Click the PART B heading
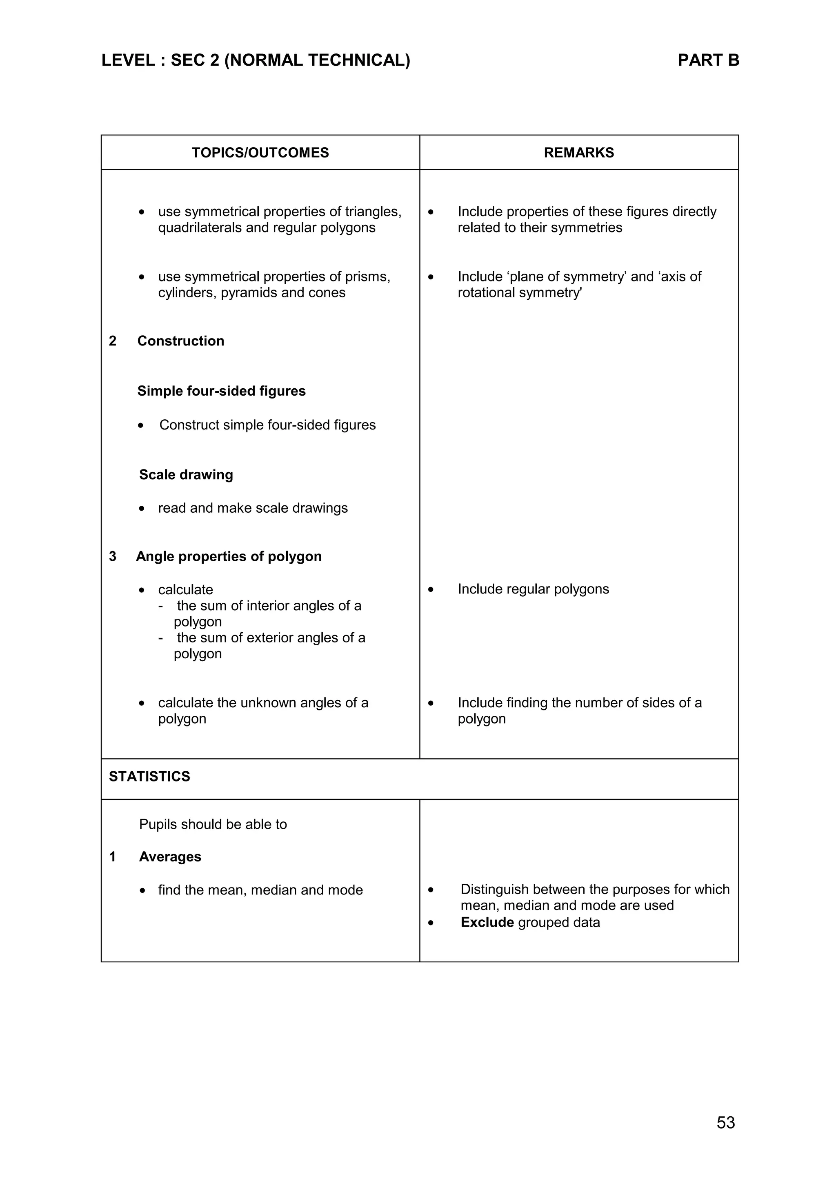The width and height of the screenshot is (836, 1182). [708, 61]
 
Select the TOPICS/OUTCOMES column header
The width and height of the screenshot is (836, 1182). [260, 153]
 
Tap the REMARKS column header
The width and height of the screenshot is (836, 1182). [578, 153]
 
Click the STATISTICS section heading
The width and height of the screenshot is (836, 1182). [149, 776]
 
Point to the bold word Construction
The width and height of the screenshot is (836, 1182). [180, 341]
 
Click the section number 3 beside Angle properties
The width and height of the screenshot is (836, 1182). [113, 556]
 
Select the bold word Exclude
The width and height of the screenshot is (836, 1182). [487, 922]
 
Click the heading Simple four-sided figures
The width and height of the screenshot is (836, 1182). [222, 391]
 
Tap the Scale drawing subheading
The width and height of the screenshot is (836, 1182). [186, 475]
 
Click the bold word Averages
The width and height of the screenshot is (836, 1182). [170, 857]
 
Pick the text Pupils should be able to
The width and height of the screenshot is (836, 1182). [213, 824]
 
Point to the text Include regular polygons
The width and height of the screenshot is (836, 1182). [533, 589]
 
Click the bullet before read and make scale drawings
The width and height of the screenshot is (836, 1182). [142, 509]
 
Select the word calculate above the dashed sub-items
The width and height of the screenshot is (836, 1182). [185, 589]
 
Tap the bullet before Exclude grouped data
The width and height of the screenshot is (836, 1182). [431, 923]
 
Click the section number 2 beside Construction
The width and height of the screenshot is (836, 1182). [113, 341]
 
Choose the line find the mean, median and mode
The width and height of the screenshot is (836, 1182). [260, 890]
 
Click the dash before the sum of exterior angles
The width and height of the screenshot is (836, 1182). [161, 638]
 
